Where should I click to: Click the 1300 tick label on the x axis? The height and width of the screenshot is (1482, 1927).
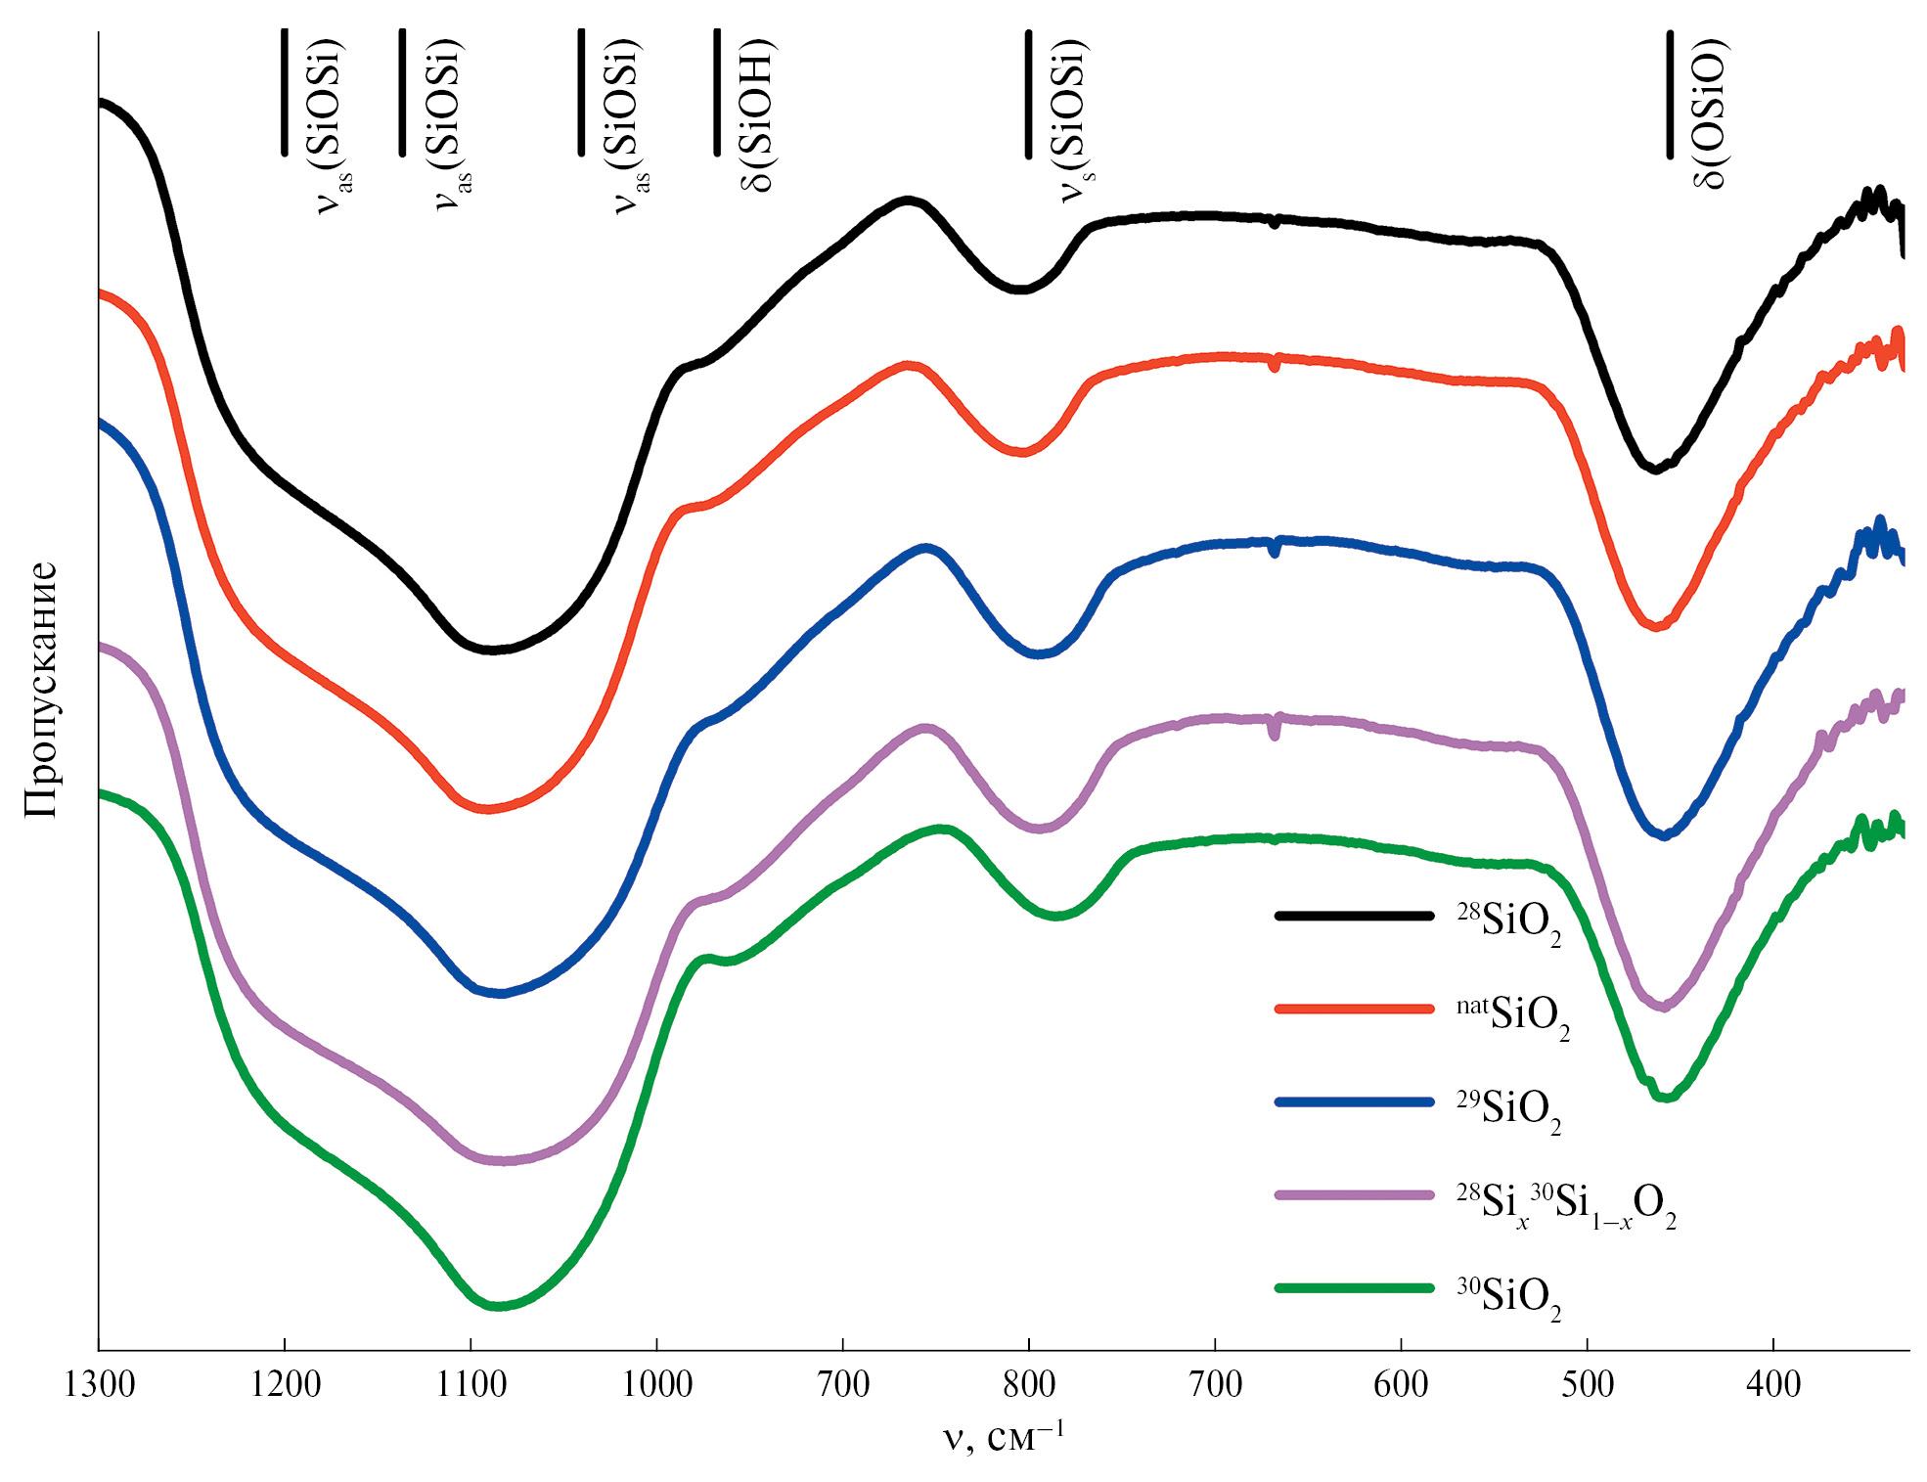[99, 1384]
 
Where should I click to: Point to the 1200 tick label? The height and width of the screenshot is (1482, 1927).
[285, 1384]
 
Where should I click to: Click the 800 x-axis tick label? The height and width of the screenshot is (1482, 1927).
[1029, 1384]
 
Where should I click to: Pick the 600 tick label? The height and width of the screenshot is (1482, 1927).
[1401, 1384]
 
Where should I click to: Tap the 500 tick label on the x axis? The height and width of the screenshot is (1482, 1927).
[1588, 1384]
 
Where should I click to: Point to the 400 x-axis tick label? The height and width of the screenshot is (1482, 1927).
[1773, 1384]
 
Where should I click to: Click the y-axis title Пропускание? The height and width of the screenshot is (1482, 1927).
[42, 689]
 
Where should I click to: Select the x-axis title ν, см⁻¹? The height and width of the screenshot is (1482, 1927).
[1004, 1436]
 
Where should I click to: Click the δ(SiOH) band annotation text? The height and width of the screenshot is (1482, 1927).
[756, 115]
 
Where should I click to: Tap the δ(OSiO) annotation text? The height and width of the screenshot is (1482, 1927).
[1709, 113]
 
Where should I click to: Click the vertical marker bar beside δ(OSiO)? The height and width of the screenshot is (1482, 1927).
[1670, 94]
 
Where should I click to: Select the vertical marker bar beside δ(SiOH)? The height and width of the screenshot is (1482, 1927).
[717, 93]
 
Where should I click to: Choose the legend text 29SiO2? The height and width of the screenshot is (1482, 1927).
[1508, 1108]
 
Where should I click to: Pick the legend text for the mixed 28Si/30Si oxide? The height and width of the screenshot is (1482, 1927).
[1565, 1204]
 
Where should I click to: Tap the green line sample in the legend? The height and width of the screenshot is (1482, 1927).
[1354, 1288]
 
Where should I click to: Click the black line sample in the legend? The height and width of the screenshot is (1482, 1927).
[1354, 916]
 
